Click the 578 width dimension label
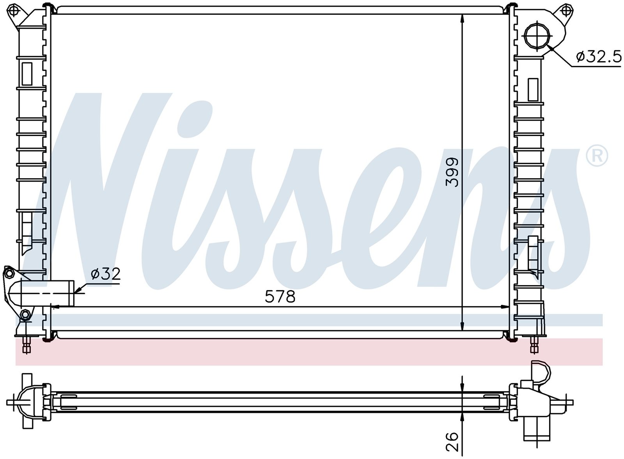pyautogui.click(x=280, y=296)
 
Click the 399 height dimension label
pyautogui.click(x=452, y=172)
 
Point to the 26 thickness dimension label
pyautogui.click(x=452, y=441)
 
